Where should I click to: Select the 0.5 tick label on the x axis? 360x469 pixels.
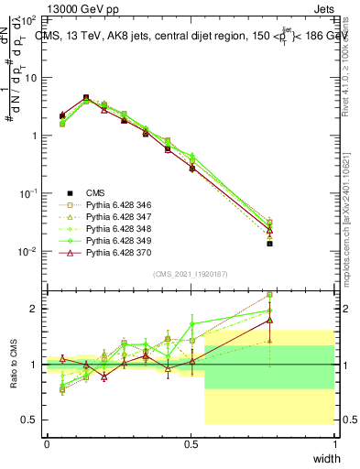point(191,444)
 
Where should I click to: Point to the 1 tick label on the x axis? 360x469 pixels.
point(334,444)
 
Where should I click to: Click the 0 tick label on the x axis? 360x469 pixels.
point(47,444)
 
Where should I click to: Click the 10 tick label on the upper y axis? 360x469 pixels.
point(30,77)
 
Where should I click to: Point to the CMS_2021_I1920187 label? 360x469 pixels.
point(191,273)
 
